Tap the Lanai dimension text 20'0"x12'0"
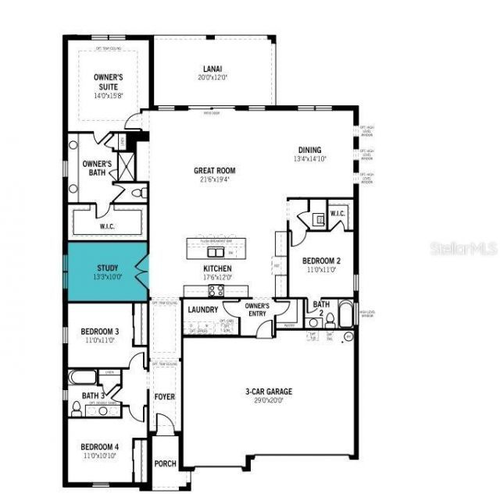point(214,77)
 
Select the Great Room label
point(214,171)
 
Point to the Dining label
point(309,151)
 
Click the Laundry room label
point(203,310)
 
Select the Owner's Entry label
point(258,309)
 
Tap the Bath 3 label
point(91,396)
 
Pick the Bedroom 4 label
point(100,447)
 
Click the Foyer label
point(164,397)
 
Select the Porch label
point(164,463)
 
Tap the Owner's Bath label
point(98,168)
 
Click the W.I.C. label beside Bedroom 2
point(337,214)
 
